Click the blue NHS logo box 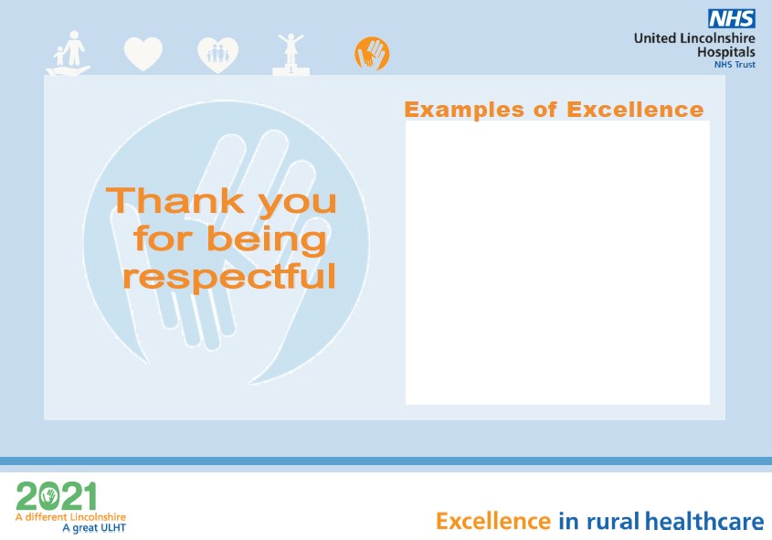tap(732, 18)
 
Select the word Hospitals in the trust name tap(726, 52)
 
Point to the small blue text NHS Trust tap(735, 65)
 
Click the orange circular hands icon tap(372, 53)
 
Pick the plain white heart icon tap(143, 54)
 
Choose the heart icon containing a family tap(217, 55)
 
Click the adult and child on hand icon tap(69, 53)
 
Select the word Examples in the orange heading tap(464, 110)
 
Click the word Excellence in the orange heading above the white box tap(635, 110)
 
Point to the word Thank tap(175, 201)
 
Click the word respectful tap(229, 276)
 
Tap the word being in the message tap(267, 239)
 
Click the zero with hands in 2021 tap(49, 496)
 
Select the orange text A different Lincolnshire tap(70, 517)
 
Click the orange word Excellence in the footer tap(493, 522)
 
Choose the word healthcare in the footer tap(704, 522)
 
